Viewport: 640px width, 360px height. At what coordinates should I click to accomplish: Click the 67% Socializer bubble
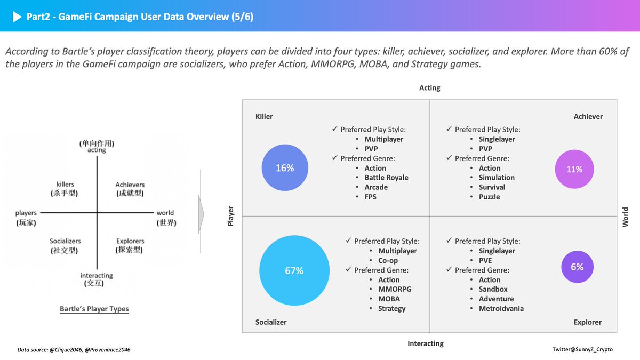click(x=293, y=270)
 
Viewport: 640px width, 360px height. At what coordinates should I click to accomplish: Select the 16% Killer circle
click(x=285, y=168)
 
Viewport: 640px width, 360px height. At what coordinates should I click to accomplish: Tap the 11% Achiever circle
click(x=574, y=169)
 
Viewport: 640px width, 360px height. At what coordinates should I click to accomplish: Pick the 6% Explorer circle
click(x=577, y=267)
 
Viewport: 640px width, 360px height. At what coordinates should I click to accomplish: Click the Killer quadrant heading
click(x=265, y=116)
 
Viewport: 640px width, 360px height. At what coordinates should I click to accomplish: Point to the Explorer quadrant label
click(x=588, y=322)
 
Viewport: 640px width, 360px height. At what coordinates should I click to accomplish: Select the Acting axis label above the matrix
click(x=430, y=88)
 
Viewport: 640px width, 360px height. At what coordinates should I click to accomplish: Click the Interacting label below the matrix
click(x=426, y=343)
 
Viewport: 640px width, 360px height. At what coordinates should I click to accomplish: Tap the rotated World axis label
click(x=626, y=217)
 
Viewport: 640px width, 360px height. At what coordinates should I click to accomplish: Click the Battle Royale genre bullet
click(x=386, y=178)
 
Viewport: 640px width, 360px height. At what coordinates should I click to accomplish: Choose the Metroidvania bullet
click(x=501, y=308)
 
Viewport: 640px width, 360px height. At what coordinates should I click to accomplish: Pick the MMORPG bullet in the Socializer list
click(x=395, y=289)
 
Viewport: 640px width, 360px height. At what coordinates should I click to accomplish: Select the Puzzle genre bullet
click(x=489, y=197)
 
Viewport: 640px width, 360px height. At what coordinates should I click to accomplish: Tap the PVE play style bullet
click(x=485, y=260)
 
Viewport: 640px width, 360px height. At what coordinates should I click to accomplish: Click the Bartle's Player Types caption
click(x=94, y=309)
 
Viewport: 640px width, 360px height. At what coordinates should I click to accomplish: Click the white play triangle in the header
click(x=15, y=17)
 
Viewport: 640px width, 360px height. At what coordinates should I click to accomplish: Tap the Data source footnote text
click(x=74, y=349)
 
